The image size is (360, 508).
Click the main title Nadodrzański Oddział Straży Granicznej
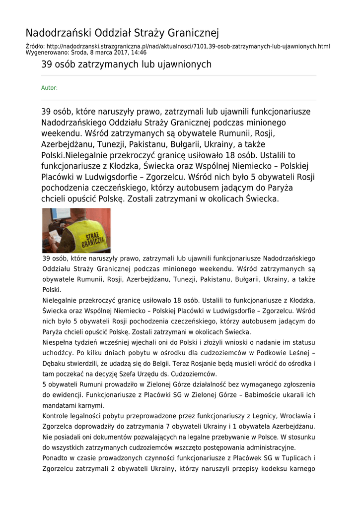[x=122, y=33]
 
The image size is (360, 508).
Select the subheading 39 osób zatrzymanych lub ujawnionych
[x=126, y=64]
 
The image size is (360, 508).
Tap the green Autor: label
[x=49, y=88]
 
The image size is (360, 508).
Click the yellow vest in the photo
[x=88, y=236]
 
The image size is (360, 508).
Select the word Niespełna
[x=58, y=343]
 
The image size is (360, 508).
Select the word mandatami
[x=59, y=405]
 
